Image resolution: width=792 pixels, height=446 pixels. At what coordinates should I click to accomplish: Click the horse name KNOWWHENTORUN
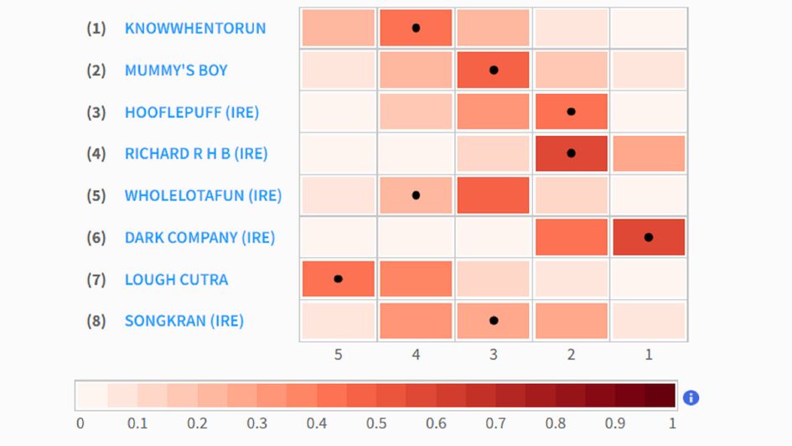pos(194,29)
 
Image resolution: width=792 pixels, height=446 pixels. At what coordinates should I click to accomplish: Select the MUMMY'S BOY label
pos(176,70)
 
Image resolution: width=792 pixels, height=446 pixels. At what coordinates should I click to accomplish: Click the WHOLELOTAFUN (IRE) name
pos(203,196)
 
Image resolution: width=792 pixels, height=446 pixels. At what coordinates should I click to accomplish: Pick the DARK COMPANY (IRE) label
pos(199,238)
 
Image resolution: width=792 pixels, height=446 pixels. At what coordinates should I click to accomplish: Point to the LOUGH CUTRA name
pos(176,280)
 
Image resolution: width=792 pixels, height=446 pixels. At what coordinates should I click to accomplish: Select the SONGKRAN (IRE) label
pos(184,321)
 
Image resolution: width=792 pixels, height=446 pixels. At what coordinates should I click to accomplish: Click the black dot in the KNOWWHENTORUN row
pos(416,28)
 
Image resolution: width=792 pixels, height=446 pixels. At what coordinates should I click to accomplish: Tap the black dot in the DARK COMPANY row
pos(649,237)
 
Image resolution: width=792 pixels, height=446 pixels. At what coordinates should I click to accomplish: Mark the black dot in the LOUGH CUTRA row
pos(339,278)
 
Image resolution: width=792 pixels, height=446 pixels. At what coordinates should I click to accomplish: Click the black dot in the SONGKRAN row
pos(494,320)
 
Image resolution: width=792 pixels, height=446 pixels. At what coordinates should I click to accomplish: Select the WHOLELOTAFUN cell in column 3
pos(494,195)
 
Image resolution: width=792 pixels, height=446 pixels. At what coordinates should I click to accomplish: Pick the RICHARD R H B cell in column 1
pos(649,153)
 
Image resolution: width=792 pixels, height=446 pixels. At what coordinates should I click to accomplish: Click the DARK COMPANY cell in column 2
pos(571,237)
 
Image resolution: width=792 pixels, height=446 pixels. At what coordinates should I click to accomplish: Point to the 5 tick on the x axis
pos(339,355)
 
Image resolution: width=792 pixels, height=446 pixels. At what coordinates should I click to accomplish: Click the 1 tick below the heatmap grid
pos(649,355)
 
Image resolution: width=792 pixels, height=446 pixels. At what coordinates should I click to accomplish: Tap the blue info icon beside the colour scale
pos(691,397)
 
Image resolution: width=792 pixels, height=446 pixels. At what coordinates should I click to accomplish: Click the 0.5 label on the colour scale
pos(376,423)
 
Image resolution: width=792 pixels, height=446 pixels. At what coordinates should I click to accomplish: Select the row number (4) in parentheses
pos(96,154)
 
